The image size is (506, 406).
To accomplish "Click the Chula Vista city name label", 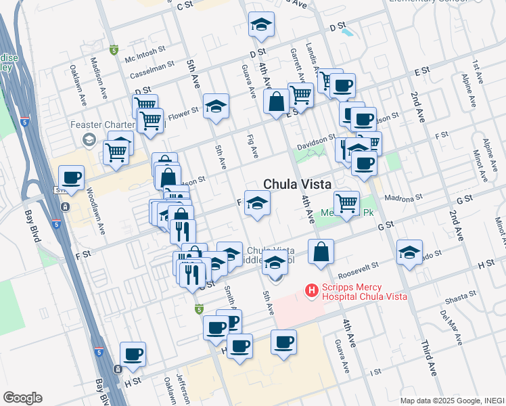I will pos(296,184).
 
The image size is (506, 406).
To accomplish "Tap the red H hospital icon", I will pos(312,290).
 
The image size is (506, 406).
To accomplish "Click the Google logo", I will pos(22,398).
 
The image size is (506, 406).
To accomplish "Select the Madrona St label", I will pos(403,198).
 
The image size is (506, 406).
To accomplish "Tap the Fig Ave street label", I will pos(252,147).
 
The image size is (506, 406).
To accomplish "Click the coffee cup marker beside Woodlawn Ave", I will pos(71,179).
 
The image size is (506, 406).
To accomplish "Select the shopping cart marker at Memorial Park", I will pos(346,202).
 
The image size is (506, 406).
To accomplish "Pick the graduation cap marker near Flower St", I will pos(216,106).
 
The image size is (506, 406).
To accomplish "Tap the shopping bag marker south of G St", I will pos(321,252).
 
